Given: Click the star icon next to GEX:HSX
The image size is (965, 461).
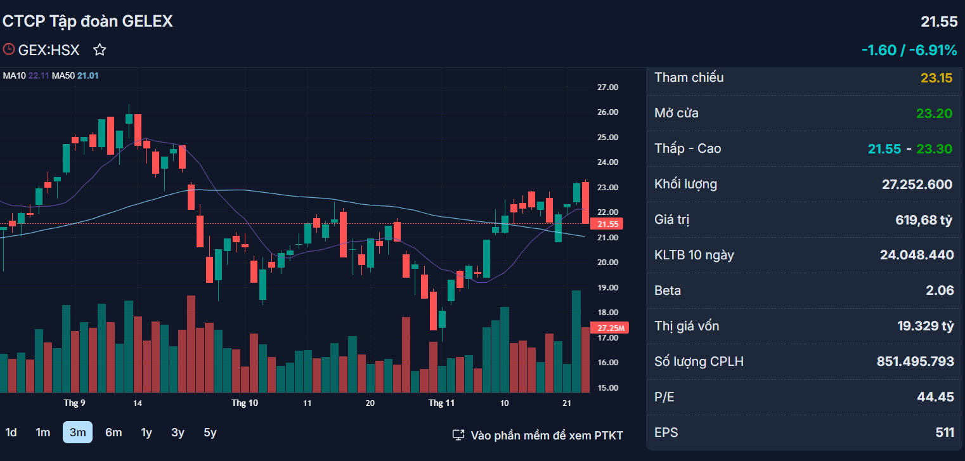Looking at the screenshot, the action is click(100, 50).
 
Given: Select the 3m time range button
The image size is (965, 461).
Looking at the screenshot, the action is click(77, 432).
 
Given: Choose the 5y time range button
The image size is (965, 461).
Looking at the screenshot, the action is click(210, 432).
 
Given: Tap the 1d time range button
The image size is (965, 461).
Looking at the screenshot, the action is click(11, 432).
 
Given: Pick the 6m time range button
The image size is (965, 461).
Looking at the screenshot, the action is click(113, 432).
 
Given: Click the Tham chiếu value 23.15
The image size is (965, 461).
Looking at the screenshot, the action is click(936, 78).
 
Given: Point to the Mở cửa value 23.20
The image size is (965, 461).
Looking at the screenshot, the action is click(934, 114).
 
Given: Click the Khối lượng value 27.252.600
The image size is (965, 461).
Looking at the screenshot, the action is click(917, 185).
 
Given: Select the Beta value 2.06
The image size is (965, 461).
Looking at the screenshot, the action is click(940, 290).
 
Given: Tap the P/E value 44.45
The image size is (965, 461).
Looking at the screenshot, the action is click(935, 397).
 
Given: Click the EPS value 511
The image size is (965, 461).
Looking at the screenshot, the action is click(945, 432).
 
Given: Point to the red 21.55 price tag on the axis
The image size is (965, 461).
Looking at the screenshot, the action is click(607, 224).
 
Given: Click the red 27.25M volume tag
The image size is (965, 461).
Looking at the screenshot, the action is click(609, 328).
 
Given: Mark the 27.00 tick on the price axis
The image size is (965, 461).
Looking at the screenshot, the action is click(607, 88).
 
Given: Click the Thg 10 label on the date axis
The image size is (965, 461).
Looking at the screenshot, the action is click(244, 403).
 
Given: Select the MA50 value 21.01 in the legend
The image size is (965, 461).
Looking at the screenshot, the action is click(88, 76).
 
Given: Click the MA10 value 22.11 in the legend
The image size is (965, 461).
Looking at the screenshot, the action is click(39, 76).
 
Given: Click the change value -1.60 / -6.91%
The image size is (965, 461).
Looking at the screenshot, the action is click(909, 50).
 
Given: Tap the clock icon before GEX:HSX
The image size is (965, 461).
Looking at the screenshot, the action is click(9, 49).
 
